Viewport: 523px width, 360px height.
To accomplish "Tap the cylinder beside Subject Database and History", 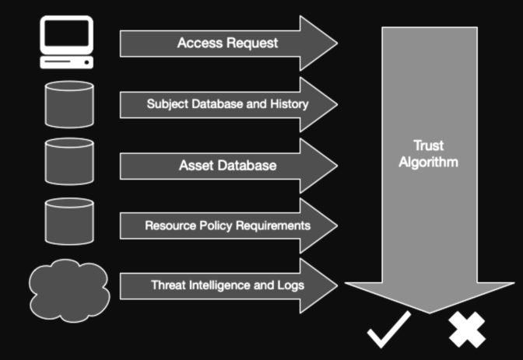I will [x=69, y=103].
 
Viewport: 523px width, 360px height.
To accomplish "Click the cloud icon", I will [x=68, y=290].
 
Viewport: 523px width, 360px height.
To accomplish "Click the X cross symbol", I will [x=466, y=329].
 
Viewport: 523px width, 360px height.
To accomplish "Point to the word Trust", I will [x=428, y=145].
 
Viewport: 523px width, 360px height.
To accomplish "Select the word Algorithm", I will [x=428, y=163].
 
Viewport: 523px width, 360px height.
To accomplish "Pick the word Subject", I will [x=167, y=103].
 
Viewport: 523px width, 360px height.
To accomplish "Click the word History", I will [x=289, y=103].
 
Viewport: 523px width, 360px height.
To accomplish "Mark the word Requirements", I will [x=272, y=225].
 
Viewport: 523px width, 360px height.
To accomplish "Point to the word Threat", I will [x=169, y=285].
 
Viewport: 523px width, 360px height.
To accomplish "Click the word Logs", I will [x=290, y=285].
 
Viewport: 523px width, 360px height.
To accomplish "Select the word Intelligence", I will [x=220, y=285].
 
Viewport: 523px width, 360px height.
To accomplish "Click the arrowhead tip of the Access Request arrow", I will [x=335, y=43].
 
